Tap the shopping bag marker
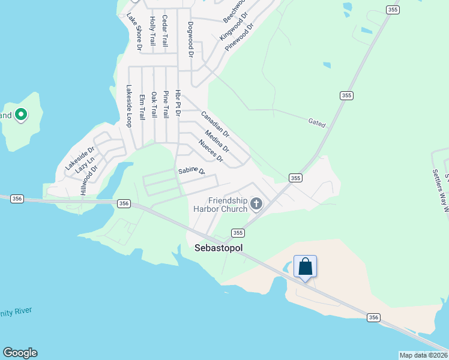coord(305,266)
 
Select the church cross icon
coord(256,205)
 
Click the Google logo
coord(20,353)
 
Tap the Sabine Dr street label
coord(191,172)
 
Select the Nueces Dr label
coord(210,151)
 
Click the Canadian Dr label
coord(215,124)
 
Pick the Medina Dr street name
coord(217,141)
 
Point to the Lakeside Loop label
coord(128,106)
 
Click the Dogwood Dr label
coord(190,40)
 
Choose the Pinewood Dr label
coord(240,37)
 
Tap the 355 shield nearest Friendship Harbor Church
coord(238,232)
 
